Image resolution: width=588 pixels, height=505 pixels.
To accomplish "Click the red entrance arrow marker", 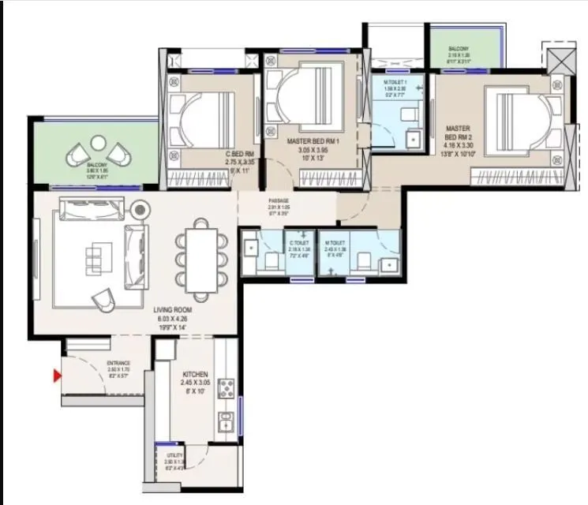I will (57, 376).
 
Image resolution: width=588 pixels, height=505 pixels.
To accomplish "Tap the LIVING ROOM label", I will (172, 310).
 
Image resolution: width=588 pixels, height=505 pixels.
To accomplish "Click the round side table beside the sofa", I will (140, 210).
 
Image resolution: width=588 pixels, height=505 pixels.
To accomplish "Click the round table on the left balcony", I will (98, 143).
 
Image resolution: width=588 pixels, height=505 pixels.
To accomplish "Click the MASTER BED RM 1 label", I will (313, 141).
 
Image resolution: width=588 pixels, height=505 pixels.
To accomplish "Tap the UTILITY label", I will (174, 455).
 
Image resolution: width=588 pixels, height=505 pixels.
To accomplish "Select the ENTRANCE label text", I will (118, 364).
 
